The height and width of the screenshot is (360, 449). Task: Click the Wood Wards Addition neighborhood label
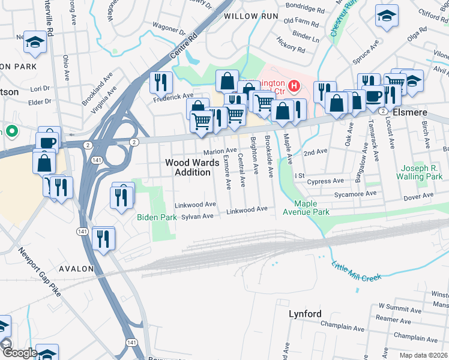coord(188,167)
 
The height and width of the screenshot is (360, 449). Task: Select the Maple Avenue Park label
coord(313,208)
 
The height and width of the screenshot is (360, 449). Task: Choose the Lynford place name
coord(305,314)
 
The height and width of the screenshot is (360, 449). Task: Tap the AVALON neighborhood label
coord(77,269)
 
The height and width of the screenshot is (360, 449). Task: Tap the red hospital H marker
coord(294,86)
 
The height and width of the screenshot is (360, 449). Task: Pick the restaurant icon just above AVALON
coord(104,238)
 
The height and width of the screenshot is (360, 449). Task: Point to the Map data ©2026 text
coord(423,355)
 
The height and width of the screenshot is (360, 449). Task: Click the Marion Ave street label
coord(220,151)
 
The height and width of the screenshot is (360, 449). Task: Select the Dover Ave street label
coord(418,196)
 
